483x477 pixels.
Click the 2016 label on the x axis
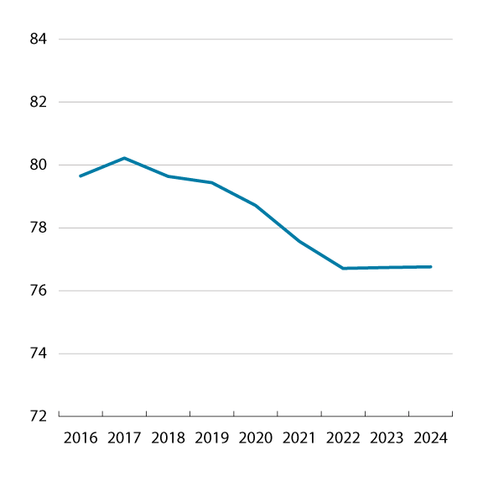point(80,438)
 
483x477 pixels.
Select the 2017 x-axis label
point(124,438)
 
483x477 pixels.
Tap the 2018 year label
point(168,438)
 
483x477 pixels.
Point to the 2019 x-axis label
point(211,438)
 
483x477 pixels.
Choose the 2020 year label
point(255,438)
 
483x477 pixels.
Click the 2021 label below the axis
point(299,438)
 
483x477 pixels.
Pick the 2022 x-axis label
point(343,438)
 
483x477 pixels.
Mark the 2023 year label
point(387,438)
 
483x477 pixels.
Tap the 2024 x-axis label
point(430,438)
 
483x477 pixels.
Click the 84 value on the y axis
point(39,39)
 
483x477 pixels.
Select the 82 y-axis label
point(39,102)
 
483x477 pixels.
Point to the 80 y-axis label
point(39,165)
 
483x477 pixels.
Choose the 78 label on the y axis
point(39,228)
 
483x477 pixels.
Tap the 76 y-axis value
point(39,291)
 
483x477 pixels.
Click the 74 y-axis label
point(39,354)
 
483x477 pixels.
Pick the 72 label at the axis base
point(39,416)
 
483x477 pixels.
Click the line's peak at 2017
point(124,158)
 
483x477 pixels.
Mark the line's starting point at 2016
point(80,176)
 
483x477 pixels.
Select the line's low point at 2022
point(343,268)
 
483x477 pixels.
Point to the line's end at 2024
point(430,267)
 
